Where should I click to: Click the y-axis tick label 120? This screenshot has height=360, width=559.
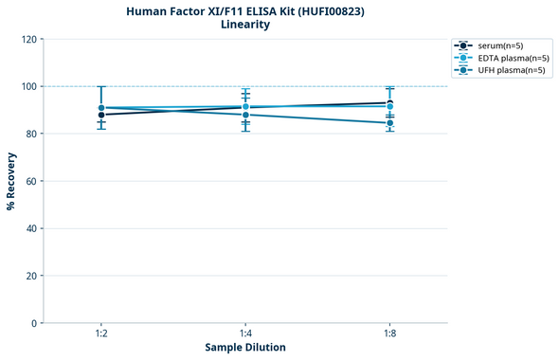coord(29,39)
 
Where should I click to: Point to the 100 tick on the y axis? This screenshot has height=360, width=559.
coord(29,86)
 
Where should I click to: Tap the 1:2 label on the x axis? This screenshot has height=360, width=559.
coord(101,334)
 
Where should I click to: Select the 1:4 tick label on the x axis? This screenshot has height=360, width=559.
coord(245,334)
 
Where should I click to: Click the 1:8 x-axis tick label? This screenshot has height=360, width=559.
coord(389,334)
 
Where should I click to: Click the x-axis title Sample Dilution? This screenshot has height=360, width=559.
coord(245,348)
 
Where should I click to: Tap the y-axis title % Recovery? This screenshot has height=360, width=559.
coord(11,181)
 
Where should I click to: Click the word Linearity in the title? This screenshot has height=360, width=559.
coord(245,25)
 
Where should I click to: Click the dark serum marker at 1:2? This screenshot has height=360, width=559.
coord(101,115)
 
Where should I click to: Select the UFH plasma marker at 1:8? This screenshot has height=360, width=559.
coord(389,123)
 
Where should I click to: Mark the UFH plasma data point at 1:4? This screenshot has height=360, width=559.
coord(245,115)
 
